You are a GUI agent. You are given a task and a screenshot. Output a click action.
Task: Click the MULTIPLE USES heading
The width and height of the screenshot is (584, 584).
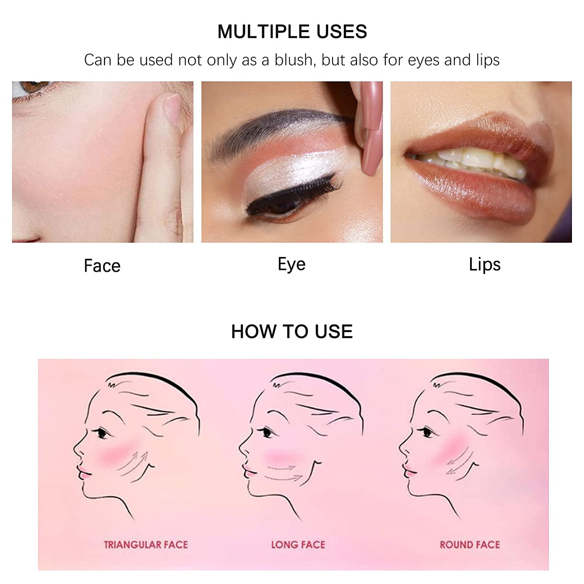coord(292,32)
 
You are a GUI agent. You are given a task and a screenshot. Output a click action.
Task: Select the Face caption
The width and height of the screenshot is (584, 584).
coord(102,266)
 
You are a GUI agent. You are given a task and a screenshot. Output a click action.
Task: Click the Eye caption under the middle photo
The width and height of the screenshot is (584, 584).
coord(291,264)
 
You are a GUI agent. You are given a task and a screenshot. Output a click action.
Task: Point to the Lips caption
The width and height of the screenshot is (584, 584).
coord(484,265)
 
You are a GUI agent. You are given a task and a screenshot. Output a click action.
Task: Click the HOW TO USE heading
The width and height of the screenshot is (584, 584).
coord(292,331)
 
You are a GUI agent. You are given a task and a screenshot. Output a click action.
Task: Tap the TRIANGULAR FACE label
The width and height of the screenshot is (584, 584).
coord(146,544)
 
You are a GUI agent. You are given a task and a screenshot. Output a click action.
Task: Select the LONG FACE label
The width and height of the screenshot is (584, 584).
coord(298,544)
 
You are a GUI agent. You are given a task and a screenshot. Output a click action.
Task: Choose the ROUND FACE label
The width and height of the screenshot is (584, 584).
coord(470,544)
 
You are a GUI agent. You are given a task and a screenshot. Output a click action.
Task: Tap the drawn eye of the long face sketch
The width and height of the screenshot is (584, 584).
coord(267,432)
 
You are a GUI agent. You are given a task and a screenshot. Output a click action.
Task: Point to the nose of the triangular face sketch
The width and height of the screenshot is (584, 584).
coord(77,452)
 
